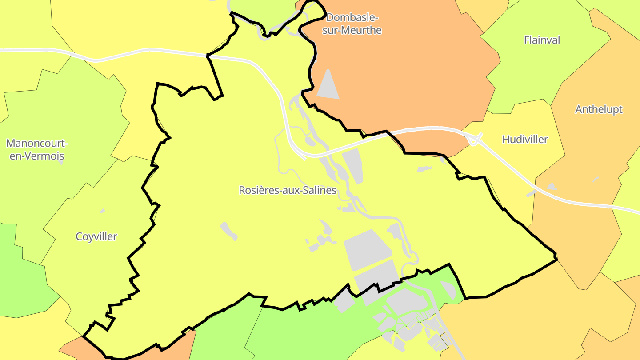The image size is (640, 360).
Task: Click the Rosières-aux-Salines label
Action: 288,190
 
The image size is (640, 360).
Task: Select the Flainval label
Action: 542,40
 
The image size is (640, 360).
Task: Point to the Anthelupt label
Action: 599,109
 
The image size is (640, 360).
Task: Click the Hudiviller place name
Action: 525,140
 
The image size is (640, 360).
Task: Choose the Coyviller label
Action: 96,236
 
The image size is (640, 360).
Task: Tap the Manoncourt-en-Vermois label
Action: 37,150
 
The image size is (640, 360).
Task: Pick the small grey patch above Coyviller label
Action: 103,211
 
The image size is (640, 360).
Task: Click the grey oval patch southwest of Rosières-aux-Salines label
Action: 229,231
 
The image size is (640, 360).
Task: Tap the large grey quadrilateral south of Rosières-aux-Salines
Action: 367,249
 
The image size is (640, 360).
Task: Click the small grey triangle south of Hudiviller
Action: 552,187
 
